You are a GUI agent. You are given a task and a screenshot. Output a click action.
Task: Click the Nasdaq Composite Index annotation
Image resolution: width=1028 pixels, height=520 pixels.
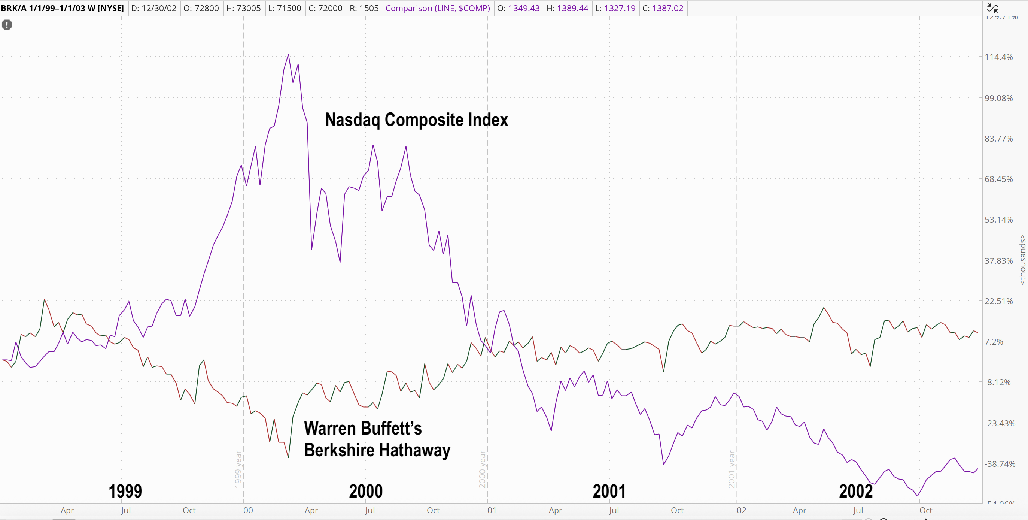[416, 120]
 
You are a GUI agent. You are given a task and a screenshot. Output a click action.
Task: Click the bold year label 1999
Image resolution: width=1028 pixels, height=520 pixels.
[125, 491]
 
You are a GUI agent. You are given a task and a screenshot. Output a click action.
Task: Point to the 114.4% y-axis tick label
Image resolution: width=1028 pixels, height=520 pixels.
[998, 57]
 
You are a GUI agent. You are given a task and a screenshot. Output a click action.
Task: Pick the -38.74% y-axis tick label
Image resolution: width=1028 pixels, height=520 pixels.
[1000, 464]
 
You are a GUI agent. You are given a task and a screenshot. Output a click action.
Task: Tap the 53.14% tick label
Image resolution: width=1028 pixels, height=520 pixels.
[998, 220]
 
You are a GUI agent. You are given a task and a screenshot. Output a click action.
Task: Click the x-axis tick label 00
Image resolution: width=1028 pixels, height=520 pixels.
[248, 510]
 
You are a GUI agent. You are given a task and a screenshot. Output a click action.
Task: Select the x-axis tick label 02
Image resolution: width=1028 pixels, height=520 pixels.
[741, 510]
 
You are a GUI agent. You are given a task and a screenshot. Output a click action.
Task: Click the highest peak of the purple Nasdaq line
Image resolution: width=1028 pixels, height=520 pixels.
[289, 55]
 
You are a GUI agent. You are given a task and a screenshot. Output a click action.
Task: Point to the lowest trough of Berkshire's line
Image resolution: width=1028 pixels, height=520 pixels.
[288, 457]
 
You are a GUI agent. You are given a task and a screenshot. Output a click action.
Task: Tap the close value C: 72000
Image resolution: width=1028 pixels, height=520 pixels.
[325, 8]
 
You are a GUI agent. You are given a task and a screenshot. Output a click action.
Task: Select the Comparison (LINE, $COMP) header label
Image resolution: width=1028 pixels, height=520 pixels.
[437, 8]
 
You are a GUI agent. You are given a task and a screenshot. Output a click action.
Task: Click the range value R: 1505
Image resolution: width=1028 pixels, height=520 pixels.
[364, 8]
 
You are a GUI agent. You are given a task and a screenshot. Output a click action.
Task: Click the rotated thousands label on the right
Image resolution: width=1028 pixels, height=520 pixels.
[1022, 260]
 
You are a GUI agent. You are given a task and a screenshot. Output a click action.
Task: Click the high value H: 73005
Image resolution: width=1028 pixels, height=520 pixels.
[243, 8]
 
